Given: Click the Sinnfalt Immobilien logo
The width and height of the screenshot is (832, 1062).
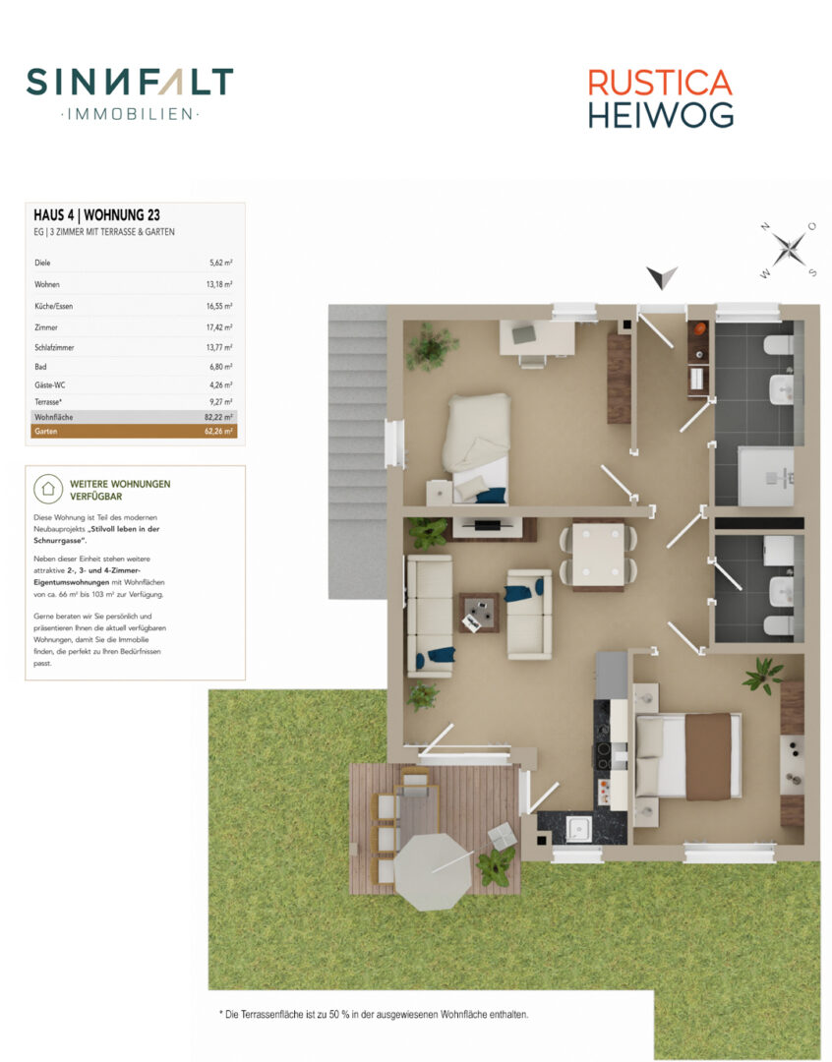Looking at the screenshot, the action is [x=130, y=93].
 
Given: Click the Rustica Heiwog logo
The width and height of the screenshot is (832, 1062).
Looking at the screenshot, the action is [x=661, y=99].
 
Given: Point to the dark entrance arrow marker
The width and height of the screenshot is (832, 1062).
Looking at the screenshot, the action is [x=662, y=277].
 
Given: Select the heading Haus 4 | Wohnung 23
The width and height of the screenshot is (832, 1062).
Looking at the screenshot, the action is [x=97, y=215].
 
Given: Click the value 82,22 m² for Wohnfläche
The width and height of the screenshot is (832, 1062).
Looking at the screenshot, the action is [x=218, y=417].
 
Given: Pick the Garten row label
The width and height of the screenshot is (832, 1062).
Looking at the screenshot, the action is [x=46, y=432].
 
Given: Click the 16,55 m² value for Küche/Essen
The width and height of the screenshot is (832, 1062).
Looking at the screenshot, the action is [x=219, y=306].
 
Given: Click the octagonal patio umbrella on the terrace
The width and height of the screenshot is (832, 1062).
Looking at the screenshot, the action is [x=433, y=871].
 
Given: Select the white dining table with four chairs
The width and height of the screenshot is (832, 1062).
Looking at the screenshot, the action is [x=598, y=554].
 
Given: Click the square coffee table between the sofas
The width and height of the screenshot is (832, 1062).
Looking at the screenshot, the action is [x=480, y=613].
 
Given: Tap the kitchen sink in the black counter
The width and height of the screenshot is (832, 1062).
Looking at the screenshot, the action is [x=578, y=828].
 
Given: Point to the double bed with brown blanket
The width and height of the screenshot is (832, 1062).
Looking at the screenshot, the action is [x=687, y=755].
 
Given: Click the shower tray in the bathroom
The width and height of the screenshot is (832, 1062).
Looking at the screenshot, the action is [x=765, y=476].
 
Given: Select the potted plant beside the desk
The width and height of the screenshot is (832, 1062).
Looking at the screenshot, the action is [x=430, y=346].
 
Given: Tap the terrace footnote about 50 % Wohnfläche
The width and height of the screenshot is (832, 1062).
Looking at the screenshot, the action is [x=374, y=1015].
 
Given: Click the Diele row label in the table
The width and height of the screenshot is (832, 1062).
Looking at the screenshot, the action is [x=42, y=263].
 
